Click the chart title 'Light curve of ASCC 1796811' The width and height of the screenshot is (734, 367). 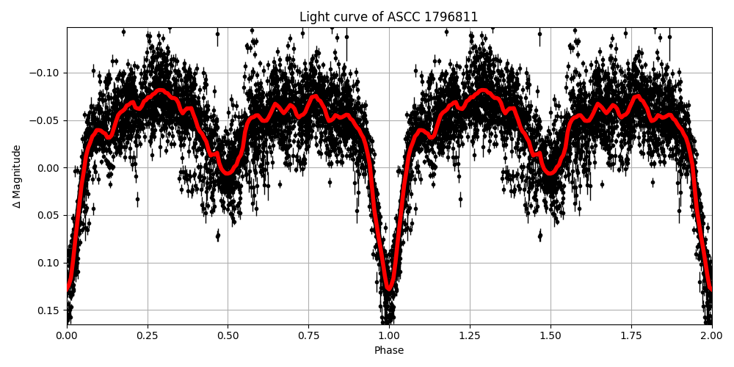pyautogui.click(x=388, y=17)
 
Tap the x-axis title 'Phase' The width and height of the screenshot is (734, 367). pyautogui.click(x=388, y=351)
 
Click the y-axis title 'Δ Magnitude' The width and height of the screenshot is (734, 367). pyautogui.click(x=17, y=176)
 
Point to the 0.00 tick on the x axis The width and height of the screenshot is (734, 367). pyautogui.click(x=67, y=336)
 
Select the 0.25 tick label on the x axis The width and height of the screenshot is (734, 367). pyautogui.click(x=148, y=336)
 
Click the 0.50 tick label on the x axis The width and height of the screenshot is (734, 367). pyautogui.click(x=228, y=336)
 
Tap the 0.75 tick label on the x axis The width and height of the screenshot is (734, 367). pyautogui.click(x=308, y=336)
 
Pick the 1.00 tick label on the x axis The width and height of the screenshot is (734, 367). pyautogui.click(x=389, y=336)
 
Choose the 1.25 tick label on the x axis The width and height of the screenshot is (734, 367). pyautogui.click(x=470, y=336)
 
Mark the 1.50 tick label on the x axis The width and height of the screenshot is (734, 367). pyautogui.click(x=550, y=336)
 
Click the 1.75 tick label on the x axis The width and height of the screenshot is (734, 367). pyautogui.click(x=631, y=336)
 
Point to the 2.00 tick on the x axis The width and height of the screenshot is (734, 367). pyautogui.click(x=711, y=336)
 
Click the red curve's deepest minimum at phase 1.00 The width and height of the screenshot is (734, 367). pyautogui.click(x=389, y=288)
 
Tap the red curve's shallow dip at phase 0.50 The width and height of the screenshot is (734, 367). pyautogui.click(x=228, y=172)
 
